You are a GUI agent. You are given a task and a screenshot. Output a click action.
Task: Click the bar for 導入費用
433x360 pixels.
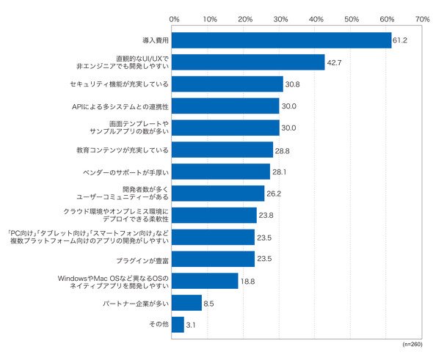tap(281, 40)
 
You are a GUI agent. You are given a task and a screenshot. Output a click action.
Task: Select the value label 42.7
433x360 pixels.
tap(334, 62)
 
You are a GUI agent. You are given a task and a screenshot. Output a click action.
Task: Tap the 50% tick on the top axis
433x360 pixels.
tap(352, 19)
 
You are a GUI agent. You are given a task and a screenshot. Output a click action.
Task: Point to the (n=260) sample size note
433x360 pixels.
tap(412, 344)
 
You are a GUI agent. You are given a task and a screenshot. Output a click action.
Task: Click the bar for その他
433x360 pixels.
tap(178, 325)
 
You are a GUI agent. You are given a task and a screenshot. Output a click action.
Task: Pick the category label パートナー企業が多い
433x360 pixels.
tap(135, 304)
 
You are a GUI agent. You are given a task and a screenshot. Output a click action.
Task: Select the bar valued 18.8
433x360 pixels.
tap(205, 281)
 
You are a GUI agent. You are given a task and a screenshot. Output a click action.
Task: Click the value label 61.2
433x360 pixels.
tap(399, 40)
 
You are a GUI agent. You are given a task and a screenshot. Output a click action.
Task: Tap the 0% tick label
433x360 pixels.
tap(174, 19)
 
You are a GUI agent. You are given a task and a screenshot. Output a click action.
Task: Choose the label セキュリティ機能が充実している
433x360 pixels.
tap(119, 84)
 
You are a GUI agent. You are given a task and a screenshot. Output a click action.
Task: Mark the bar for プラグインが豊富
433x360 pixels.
tap(213, 259)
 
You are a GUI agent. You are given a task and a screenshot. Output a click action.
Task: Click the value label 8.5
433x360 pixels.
tap(208, 304)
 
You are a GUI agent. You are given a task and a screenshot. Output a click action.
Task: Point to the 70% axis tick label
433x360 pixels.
tap(422, 19)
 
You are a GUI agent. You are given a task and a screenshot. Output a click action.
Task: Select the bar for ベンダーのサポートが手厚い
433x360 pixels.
tap(221, 172)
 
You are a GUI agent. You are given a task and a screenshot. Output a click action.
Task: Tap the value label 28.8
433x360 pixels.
tap(282, 151)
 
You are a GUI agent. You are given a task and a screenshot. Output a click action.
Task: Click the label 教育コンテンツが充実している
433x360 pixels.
tap(123, 150)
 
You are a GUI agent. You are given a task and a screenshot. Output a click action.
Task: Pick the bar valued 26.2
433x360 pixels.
tap(218, 194)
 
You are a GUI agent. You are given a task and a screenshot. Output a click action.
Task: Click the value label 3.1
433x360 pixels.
tap(191, 325)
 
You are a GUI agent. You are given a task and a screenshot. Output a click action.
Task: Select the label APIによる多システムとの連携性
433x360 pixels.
tap(120, 106)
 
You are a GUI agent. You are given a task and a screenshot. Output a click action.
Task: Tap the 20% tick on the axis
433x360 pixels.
tap(245, 19)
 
